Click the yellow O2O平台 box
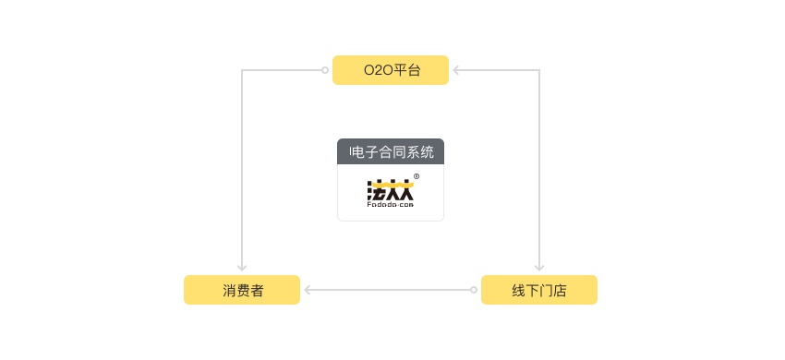(390, 70)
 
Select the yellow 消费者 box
(242, 290)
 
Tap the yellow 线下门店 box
(538, 290)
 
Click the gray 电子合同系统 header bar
(390, 151)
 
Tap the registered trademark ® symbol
(417, 176)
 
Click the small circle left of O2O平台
(324, 70)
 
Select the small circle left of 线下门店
(474, 290)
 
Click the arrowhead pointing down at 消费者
(242, 268)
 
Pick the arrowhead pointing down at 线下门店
(539, 268)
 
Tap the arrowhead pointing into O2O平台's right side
(456, 70)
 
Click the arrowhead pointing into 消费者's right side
(308, 290)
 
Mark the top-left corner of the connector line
(242, 70)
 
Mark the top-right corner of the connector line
(539, 70)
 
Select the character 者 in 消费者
(257, 290)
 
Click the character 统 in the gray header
(427, 151)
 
